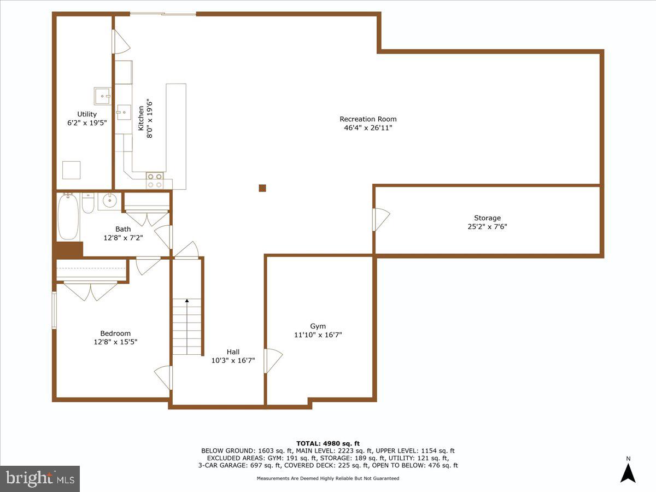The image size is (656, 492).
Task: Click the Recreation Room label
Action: (368, 119)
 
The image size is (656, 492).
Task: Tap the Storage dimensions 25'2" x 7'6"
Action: (487, 226)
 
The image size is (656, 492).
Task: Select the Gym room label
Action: (318, 326)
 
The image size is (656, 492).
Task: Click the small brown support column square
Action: (262, 188)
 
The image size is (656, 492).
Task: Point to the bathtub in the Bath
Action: (68, 217)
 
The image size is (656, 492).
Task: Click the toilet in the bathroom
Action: (87, 203)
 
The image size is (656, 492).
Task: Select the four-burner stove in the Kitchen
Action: (155, 181)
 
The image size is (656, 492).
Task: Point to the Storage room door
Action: (380, 219)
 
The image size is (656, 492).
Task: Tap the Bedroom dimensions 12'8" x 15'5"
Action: (115, 342)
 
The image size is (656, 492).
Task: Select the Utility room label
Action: (87, 114)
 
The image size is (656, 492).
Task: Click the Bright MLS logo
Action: (39, 478)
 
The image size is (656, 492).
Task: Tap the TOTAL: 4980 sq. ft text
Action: (328, 443)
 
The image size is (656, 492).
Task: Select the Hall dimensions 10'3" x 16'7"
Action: (233, 360)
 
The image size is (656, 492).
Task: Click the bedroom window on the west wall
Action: (54, 309)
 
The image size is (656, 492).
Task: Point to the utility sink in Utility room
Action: (102, 96)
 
